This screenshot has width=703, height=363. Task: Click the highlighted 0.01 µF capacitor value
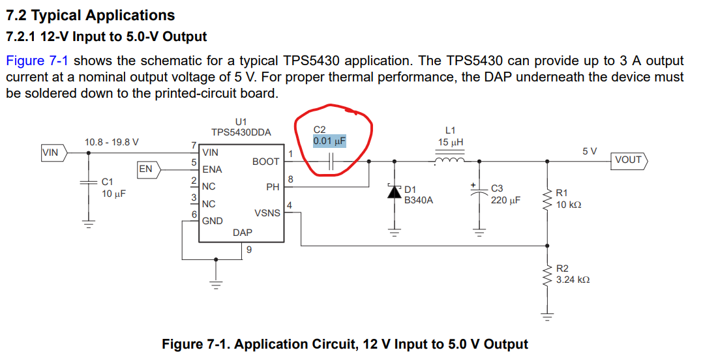coord(329,141)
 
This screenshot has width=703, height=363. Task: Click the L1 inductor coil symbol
coord(449,160)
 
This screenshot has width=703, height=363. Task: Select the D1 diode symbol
coord(394,192)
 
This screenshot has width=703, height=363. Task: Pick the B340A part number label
coord(419,201)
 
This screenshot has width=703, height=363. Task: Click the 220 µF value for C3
coord(505,200)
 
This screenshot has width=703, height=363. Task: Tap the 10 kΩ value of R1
coord(569,205)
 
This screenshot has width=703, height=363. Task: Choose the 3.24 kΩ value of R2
coord(573,280)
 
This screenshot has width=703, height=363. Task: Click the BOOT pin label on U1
coord(266,162)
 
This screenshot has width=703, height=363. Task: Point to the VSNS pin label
coord(267,213)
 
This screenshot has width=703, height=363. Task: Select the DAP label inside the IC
coord(243,232)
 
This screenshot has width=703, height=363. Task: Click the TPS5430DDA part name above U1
coord(241,133)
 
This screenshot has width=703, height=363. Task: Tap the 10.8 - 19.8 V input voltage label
coord(112,142)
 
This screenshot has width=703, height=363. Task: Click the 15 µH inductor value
coord(451,142)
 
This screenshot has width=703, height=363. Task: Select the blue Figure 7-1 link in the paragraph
coord(37,61)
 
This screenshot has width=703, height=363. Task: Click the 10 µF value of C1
coord(115,194)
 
